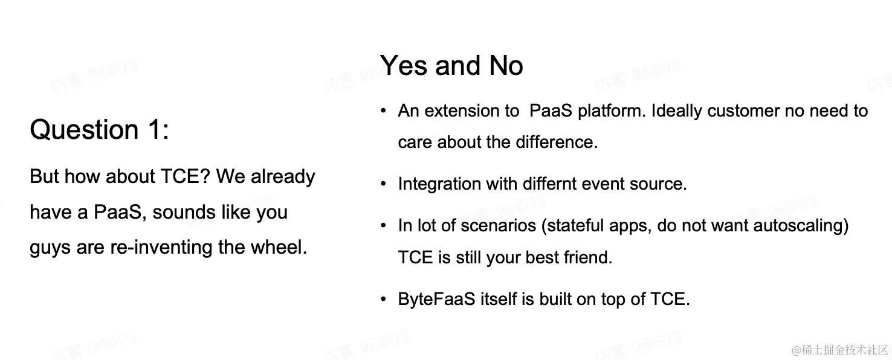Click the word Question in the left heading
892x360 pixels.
coord(85,130)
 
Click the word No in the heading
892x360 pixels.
coord(506,65)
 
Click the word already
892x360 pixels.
coord(283,177)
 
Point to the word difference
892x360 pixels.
coord(557,142)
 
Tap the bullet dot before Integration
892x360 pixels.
coord(384,184)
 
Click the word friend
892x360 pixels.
coord(588,257)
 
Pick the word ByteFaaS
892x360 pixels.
coord(436,299)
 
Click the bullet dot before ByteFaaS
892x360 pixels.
coord(384,299)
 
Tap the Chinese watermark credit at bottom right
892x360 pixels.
coord(840,350)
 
